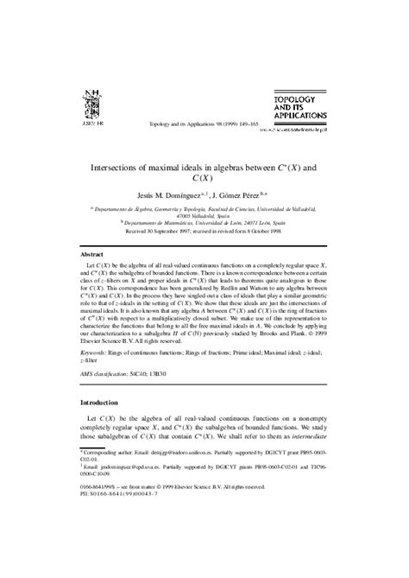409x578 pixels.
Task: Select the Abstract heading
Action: [93, 256]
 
